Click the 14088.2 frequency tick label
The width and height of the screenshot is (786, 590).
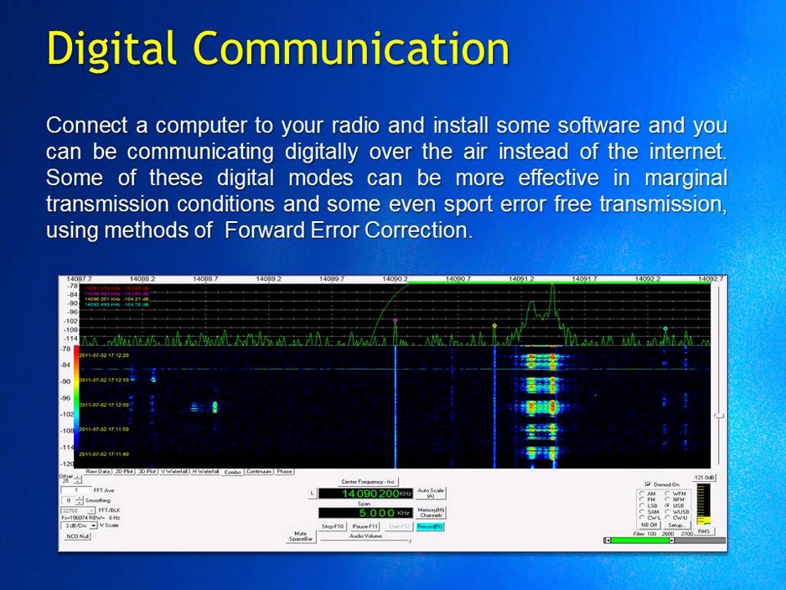(x=142, y=278)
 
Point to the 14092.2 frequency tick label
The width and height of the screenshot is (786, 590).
(x=647, y=278)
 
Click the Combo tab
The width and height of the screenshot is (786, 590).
(x=231, y=472)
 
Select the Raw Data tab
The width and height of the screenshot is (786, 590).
(x=98, y=472)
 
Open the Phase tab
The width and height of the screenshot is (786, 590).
(x=284, y=472)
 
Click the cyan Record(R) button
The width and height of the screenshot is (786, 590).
(x=429, y=526)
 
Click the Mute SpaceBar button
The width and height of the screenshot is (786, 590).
(x=300, y=536)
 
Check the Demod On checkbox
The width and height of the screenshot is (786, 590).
(x=648, y=484)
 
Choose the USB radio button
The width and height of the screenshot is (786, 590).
(x=667, y=506)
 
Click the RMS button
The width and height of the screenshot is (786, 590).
(x=705, y=531)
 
